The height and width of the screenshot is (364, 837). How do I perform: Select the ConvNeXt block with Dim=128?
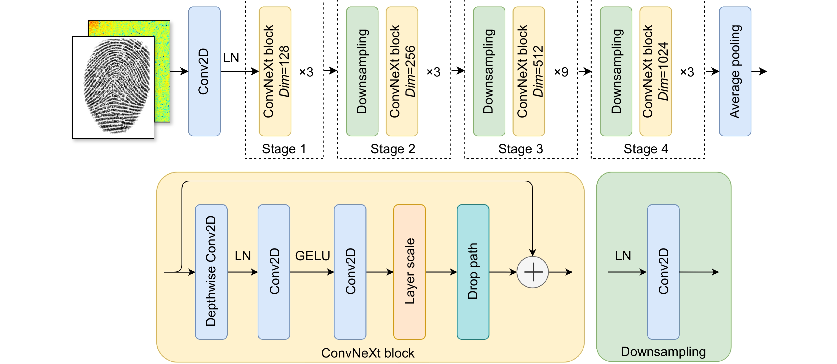275,71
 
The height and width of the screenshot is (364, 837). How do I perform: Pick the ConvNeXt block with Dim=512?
529,71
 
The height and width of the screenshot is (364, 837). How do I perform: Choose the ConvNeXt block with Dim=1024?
655,71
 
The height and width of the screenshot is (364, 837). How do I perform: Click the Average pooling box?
735,71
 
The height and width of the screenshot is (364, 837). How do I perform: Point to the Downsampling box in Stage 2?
362,71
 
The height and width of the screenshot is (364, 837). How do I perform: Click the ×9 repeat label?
561,72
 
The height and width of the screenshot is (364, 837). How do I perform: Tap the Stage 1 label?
284,149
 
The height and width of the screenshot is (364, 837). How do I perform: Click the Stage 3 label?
521,149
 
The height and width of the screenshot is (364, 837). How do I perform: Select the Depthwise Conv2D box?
211,271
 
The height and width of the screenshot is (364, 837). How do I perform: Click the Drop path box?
473,271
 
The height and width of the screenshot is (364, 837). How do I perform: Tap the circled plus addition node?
533,272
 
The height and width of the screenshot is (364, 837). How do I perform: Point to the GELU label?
312,256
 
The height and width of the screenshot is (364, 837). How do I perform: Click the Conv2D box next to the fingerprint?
204,71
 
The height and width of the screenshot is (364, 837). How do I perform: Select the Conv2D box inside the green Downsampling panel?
663,271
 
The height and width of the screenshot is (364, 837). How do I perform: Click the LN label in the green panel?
623,256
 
